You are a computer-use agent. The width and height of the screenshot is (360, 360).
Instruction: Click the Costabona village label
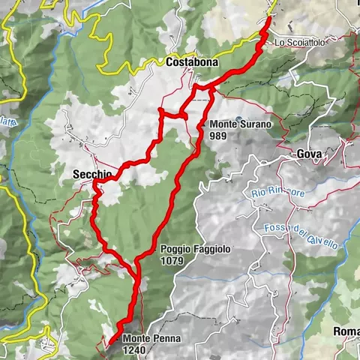coord(193,62)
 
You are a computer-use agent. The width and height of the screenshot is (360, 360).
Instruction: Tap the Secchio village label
coord(93,174)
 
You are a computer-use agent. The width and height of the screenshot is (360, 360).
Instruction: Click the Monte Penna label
coord(152,339)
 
